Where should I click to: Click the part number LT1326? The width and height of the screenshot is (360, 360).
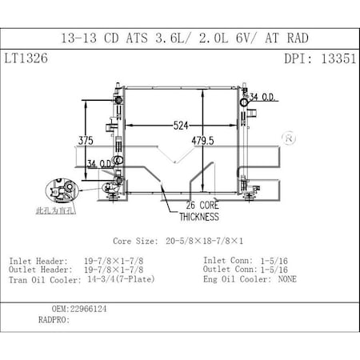point(27,59)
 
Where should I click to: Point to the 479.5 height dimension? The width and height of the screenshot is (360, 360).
point(222,141)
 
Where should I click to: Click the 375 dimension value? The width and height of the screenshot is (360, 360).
point(86,141)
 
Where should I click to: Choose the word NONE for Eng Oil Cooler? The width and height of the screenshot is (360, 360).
point(287,279)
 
